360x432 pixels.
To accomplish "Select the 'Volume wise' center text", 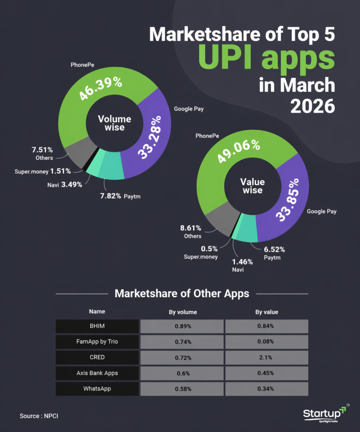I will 115,122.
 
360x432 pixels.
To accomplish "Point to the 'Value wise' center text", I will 253,186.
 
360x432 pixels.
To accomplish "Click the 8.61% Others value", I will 191,228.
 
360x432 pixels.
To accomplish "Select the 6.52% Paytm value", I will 274,249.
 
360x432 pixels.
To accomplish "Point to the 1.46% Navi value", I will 242,262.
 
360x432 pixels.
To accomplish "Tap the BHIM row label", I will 97,326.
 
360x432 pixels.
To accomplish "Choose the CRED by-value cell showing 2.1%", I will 266,357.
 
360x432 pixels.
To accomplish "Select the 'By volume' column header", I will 180,312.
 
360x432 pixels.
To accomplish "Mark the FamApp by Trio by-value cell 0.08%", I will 266,342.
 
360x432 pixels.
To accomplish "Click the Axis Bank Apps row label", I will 97,373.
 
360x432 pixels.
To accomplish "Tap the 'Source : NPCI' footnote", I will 39,416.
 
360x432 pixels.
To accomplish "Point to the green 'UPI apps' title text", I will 266,59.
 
